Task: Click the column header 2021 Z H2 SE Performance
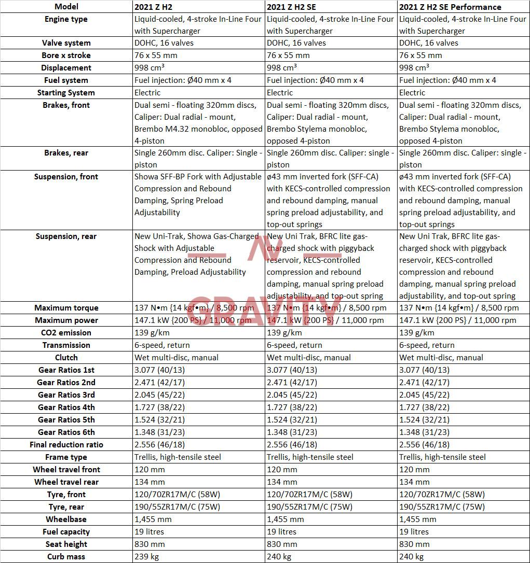(450, 7)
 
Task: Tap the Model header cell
(66, 7)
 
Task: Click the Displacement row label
(66, 68)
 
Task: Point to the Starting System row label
(66, 93)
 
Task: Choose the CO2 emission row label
(66, 333)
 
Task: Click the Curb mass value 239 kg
(146, 557)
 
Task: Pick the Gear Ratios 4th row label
(66, 407)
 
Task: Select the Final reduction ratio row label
(66, 445)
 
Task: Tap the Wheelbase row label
(66, 519)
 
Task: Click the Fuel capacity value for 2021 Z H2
(149, 532)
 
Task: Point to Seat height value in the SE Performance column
(414, 544)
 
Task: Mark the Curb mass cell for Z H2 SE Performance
(411, 557)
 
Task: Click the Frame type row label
(66, 457)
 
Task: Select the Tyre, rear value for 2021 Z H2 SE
(309, 507)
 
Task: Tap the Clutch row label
(66, 358)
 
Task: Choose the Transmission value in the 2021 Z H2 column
(162, 345)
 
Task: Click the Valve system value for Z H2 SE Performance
(429, 43)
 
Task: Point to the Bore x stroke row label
(66, 55)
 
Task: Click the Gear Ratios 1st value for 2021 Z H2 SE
(292, 370)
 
